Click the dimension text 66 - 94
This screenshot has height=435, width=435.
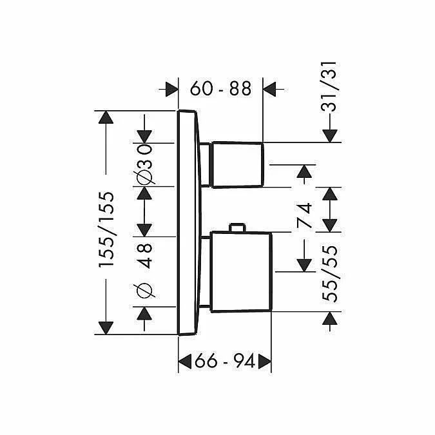[224, 362]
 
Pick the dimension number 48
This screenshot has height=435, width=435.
[145, 255]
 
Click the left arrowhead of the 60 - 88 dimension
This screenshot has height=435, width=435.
[171, 89]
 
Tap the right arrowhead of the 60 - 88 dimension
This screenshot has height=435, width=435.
[270, 89]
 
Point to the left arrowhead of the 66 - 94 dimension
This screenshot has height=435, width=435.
[186, 362]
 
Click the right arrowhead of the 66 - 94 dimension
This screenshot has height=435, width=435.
[264, 362]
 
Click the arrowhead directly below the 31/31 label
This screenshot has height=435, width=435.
[330, 135]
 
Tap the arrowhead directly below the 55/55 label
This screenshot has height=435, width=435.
[330, 319]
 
